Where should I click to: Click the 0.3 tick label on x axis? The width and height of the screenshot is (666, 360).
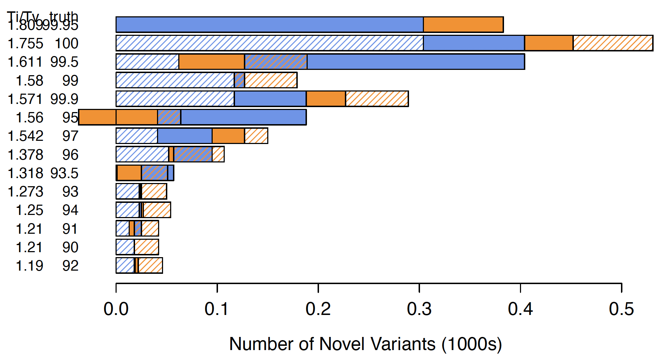419,309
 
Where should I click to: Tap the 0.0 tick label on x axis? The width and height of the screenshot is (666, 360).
116,309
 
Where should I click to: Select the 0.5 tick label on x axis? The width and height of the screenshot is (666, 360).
621,309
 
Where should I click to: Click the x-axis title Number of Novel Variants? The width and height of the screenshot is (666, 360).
365,344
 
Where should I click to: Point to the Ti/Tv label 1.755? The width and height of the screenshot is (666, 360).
26,44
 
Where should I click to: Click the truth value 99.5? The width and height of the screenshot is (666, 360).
64,62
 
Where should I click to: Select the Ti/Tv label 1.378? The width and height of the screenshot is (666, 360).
26,155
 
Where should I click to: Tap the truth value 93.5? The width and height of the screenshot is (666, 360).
64,173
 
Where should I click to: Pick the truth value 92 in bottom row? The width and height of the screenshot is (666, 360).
70,266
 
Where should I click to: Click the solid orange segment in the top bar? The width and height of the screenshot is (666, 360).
463,25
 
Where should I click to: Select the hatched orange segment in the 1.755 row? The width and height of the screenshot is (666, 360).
613,43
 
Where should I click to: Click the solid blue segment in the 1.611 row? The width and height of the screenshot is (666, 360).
415,62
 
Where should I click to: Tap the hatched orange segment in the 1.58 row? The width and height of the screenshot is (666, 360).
271,80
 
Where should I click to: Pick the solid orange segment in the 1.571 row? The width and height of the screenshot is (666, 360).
326,99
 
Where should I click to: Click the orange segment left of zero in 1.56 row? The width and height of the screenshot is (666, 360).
97,117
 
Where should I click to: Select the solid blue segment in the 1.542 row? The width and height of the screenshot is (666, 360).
185,136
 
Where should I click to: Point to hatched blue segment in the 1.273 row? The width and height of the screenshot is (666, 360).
127,192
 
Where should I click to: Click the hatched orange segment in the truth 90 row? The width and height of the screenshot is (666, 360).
146,247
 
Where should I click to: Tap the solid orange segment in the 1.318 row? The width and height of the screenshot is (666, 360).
129,173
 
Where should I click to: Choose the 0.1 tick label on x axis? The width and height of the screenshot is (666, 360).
217,309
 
